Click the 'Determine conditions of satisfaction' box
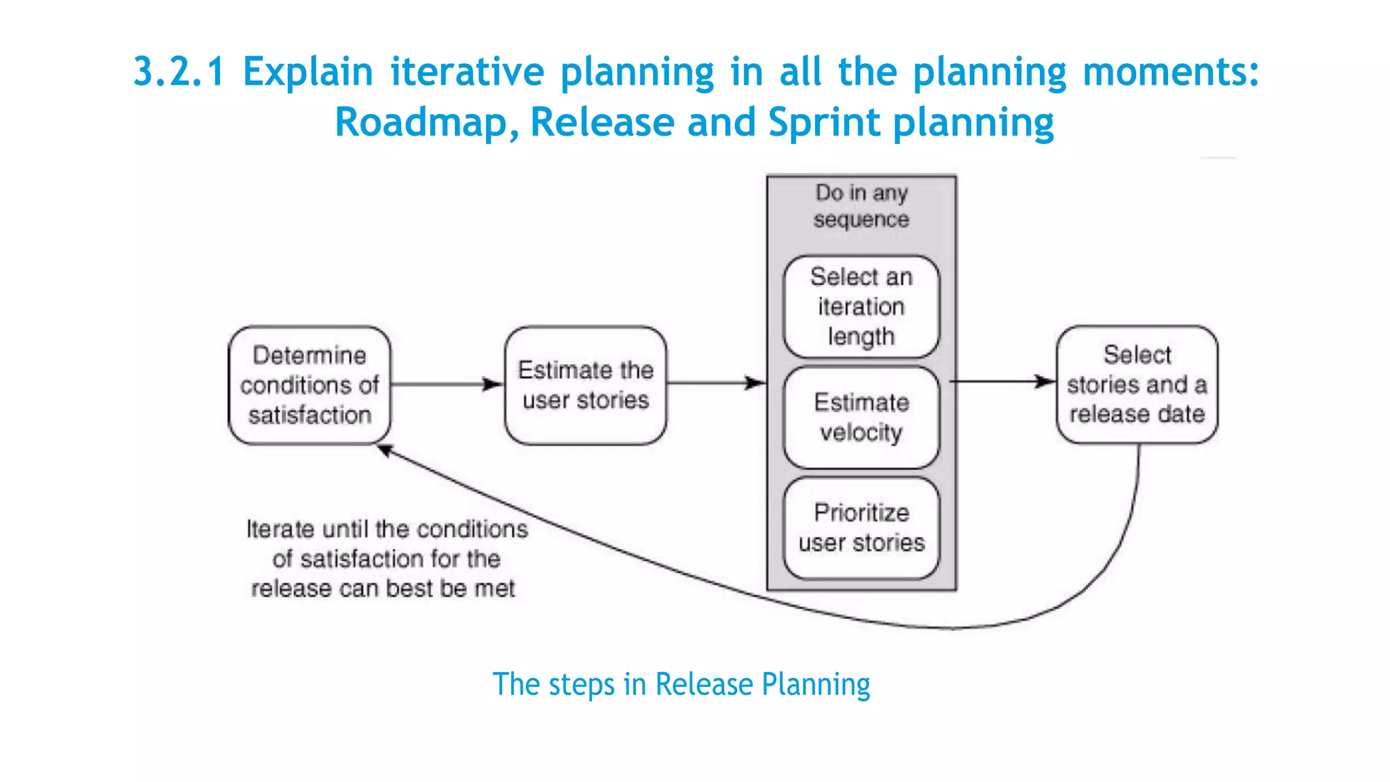click(309, 385)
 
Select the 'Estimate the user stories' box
click(585, 385)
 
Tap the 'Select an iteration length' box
click(861, 307)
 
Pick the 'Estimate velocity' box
click(861, 417)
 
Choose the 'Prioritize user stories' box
click(861, 528)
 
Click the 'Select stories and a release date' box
click(1137, 384)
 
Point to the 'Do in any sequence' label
click(861, 206)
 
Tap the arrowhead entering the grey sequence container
click(755, 383)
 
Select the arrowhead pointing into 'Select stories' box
click(1046, 381)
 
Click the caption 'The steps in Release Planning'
click(681, 684)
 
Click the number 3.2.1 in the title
click(179, 72)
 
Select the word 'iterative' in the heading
click(467, 72)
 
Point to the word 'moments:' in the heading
click(1171, 72)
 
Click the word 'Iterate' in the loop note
click(280, 529)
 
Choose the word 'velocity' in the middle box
click(861, 432)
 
